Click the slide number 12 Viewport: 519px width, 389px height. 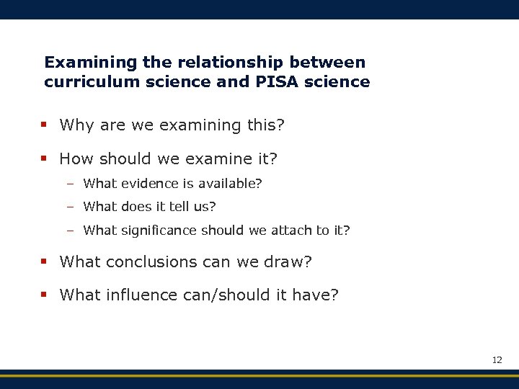coord(497,359)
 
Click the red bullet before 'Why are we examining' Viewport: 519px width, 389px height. coord(44,125)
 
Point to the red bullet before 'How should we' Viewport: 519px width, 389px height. coord(44,158)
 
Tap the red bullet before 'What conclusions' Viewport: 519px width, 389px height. coord(44,262)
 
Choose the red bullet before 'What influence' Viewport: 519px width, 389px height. coord(44,295)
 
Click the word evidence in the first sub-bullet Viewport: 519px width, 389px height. coord(147,184)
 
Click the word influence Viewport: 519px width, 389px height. coord(143,295)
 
